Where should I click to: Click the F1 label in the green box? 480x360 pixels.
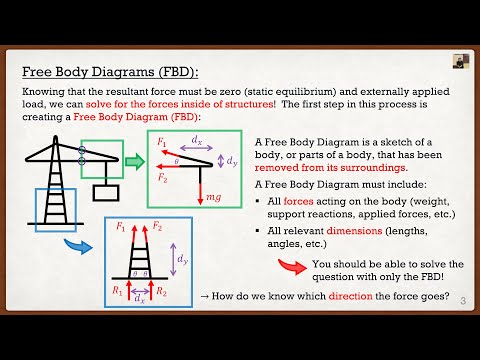pos(164,143)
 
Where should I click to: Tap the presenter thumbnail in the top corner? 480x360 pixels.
pos(462,60)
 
